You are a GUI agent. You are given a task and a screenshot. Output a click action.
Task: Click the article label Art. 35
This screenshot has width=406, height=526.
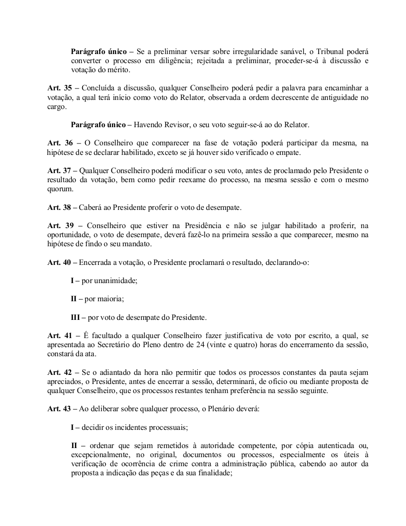pos(59,88)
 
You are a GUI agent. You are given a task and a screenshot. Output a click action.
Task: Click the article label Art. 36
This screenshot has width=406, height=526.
pos(59,143)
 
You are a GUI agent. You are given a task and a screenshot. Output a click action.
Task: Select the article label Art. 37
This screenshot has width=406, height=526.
pos(59,170)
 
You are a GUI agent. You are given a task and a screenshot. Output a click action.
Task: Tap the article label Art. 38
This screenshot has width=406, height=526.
pos(59,208)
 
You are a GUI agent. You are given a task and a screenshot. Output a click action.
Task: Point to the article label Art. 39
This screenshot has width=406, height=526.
pos(59,225)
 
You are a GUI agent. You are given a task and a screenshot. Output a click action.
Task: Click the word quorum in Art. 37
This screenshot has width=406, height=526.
pos(60,188)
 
